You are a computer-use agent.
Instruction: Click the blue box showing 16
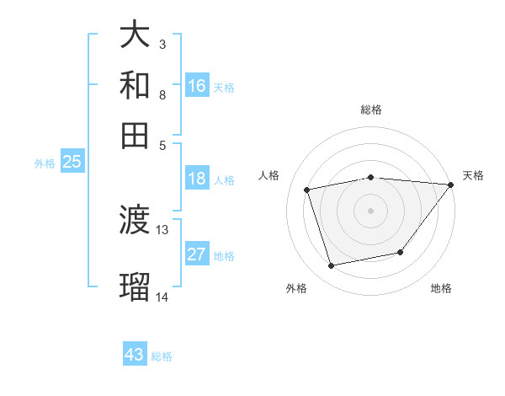click(x=197, y=86)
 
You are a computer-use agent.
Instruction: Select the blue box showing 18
click(x=197, y=179)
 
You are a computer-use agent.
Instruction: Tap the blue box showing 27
click(x=197, y=255)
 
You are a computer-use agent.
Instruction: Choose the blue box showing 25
click(x=72, y=163)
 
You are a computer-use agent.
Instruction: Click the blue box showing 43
click(x=135, y=355)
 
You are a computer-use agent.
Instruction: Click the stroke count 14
click(x=162, y=297)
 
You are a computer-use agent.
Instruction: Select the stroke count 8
click(x=162, y=94)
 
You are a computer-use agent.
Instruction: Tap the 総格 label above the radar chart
click(x=371, y=110)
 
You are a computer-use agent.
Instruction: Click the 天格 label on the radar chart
click(x=473, y=175)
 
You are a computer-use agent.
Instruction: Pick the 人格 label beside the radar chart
click(x=269, y=175)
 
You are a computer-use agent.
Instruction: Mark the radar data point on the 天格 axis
click(x=451, y=185)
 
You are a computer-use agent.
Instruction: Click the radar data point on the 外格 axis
click(x=332, y=266)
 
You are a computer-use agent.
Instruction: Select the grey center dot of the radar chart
click(x=371, y=211)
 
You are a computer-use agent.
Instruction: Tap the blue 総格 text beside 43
click(x=162, y=356)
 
